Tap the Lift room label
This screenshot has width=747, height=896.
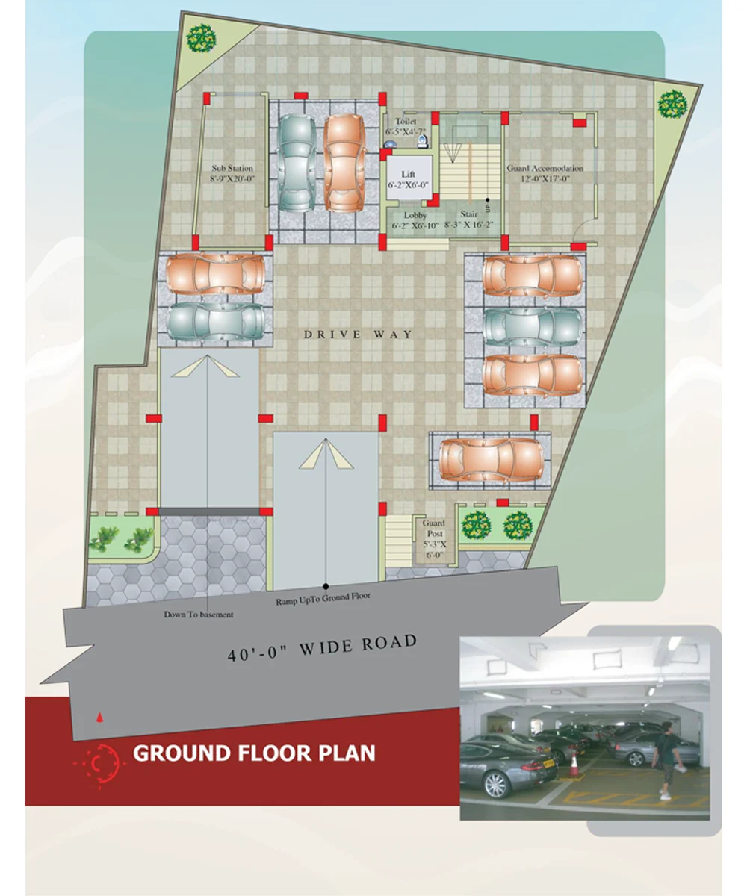(x=408, y=174)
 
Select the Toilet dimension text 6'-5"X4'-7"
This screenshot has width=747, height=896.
(x=406, y=131)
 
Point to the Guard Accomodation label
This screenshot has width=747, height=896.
(x=545, y=168)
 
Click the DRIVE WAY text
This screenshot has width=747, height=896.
(x=358, y=334)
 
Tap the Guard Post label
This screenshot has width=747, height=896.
(x=434, y=528)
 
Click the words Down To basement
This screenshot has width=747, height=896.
(x=199, y=615)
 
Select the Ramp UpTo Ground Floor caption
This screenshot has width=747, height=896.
(x=323, y=599)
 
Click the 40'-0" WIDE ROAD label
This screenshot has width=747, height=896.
(x=323, y=647)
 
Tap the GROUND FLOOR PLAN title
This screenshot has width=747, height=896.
(x=254, y=753)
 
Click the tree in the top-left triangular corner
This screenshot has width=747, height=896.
(x=201, y=39)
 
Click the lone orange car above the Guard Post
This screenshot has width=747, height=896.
(x=491, y=460)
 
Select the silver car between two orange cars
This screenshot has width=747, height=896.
(x=533, y=327)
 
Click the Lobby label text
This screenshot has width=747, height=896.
(x=415, y=215)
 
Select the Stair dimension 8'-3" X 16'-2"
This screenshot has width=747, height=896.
(x=469, y=225)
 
